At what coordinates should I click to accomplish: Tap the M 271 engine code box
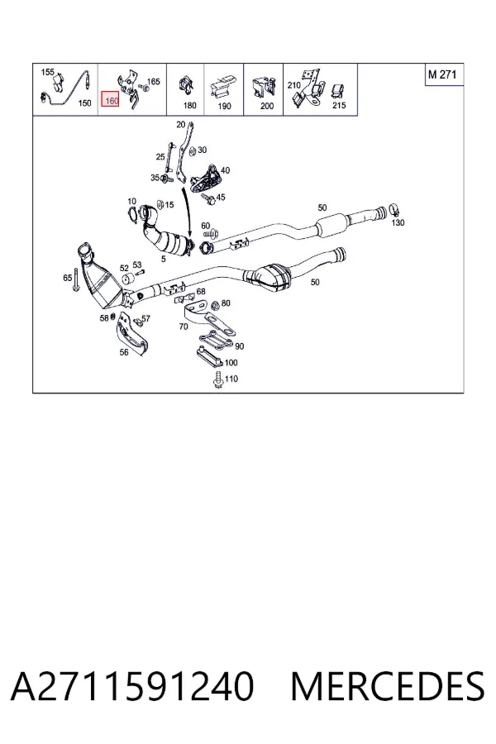[443, 74]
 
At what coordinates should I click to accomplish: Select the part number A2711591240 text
[132, 686]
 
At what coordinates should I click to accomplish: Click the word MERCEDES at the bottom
[388, 686]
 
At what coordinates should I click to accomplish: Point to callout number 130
[398, 222]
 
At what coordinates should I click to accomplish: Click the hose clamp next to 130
[395, 209]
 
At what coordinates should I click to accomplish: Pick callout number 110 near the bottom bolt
[231, 379]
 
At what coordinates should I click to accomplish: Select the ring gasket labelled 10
[133, 214]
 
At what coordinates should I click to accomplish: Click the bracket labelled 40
[206, 179]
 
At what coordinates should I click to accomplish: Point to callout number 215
[339, 105]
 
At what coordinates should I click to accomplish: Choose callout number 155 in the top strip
[47, 72]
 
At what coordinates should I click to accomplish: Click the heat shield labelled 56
[132, 334]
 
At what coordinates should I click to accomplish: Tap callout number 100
[231, 363]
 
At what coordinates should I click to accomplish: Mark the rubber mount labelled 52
[127, 280]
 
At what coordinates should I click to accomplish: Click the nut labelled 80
[215, 305]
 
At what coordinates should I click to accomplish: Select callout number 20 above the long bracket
[181, 125]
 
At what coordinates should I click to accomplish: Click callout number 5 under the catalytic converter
[164, 259]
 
